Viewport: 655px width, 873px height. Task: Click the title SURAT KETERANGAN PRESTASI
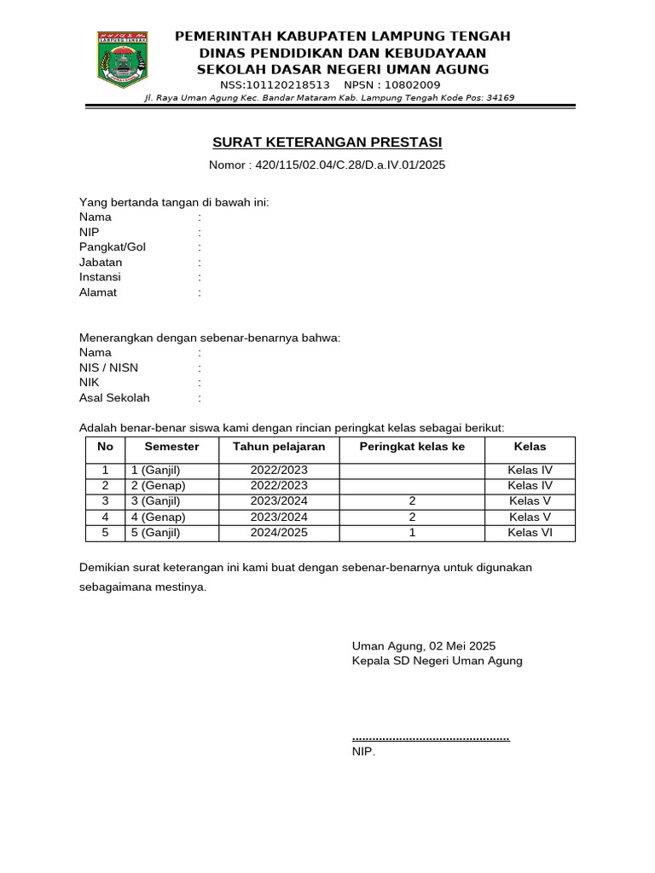(x=327, y=142)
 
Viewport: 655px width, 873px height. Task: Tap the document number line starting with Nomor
(x=327, y=165)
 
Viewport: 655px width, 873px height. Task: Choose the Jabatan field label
(x=101, y=263)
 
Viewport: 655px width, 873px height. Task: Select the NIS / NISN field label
(x=108, y=367)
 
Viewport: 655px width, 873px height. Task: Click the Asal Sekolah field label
(x=114, y=398)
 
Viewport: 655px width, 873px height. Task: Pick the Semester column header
(x=171, y=447)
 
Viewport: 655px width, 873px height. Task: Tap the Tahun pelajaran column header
(x=279, y=447)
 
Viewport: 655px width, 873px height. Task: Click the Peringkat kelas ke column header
(x=412, y=447)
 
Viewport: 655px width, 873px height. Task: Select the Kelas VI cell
(x=530, y=533)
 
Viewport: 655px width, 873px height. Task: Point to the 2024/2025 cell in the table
(x=279, y=533)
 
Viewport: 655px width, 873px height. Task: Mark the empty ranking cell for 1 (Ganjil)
(x=412, y=471)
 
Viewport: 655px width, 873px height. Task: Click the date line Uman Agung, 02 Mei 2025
(x=423, y=646)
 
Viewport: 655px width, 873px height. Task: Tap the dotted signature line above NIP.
(x=431, y=737)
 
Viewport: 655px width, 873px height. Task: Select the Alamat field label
(x=98, y=292)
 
